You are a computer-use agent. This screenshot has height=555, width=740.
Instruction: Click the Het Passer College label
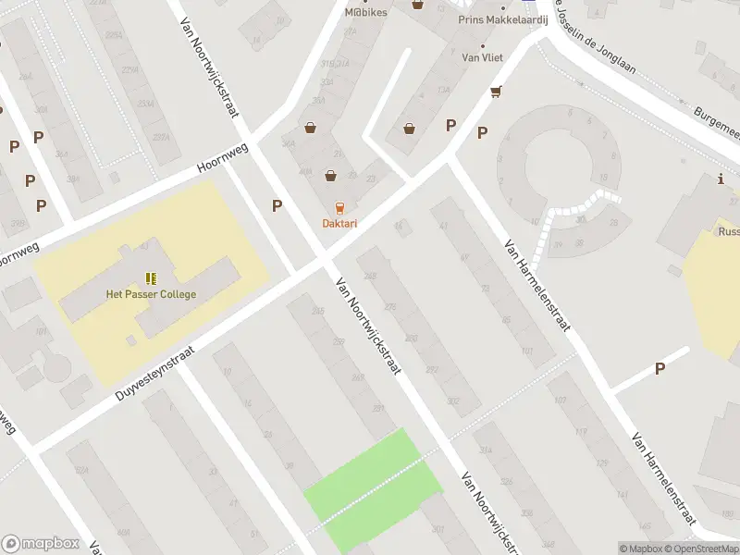(151, 294)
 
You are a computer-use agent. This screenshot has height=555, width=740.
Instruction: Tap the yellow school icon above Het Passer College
(150, 277)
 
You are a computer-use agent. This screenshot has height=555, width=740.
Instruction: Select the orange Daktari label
(339, 223)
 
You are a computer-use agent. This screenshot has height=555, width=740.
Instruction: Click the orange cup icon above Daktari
(339, 207)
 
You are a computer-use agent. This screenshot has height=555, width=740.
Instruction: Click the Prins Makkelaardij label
(503, 19)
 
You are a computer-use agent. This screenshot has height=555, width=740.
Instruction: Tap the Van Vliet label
(482, 57)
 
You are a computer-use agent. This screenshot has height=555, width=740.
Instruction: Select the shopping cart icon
(497, 91)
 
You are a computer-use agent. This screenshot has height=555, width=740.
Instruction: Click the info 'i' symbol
(720, 179)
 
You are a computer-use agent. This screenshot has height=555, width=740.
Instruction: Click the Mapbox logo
(41, 543)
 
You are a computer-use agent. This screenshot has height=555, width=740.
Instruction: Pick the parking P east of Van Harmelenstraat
(660, 368)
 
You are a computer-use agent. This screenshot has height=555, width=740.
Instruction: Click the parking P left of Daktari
(277, 206)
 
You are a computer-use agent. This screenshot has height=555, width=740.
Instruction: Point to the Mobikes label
(365, 12)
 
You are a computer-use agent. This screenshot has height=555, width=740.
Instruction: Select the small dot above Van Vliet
(481, 44)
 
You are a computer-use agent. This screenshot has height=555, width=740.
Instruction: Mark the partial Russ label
(728, 232)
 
